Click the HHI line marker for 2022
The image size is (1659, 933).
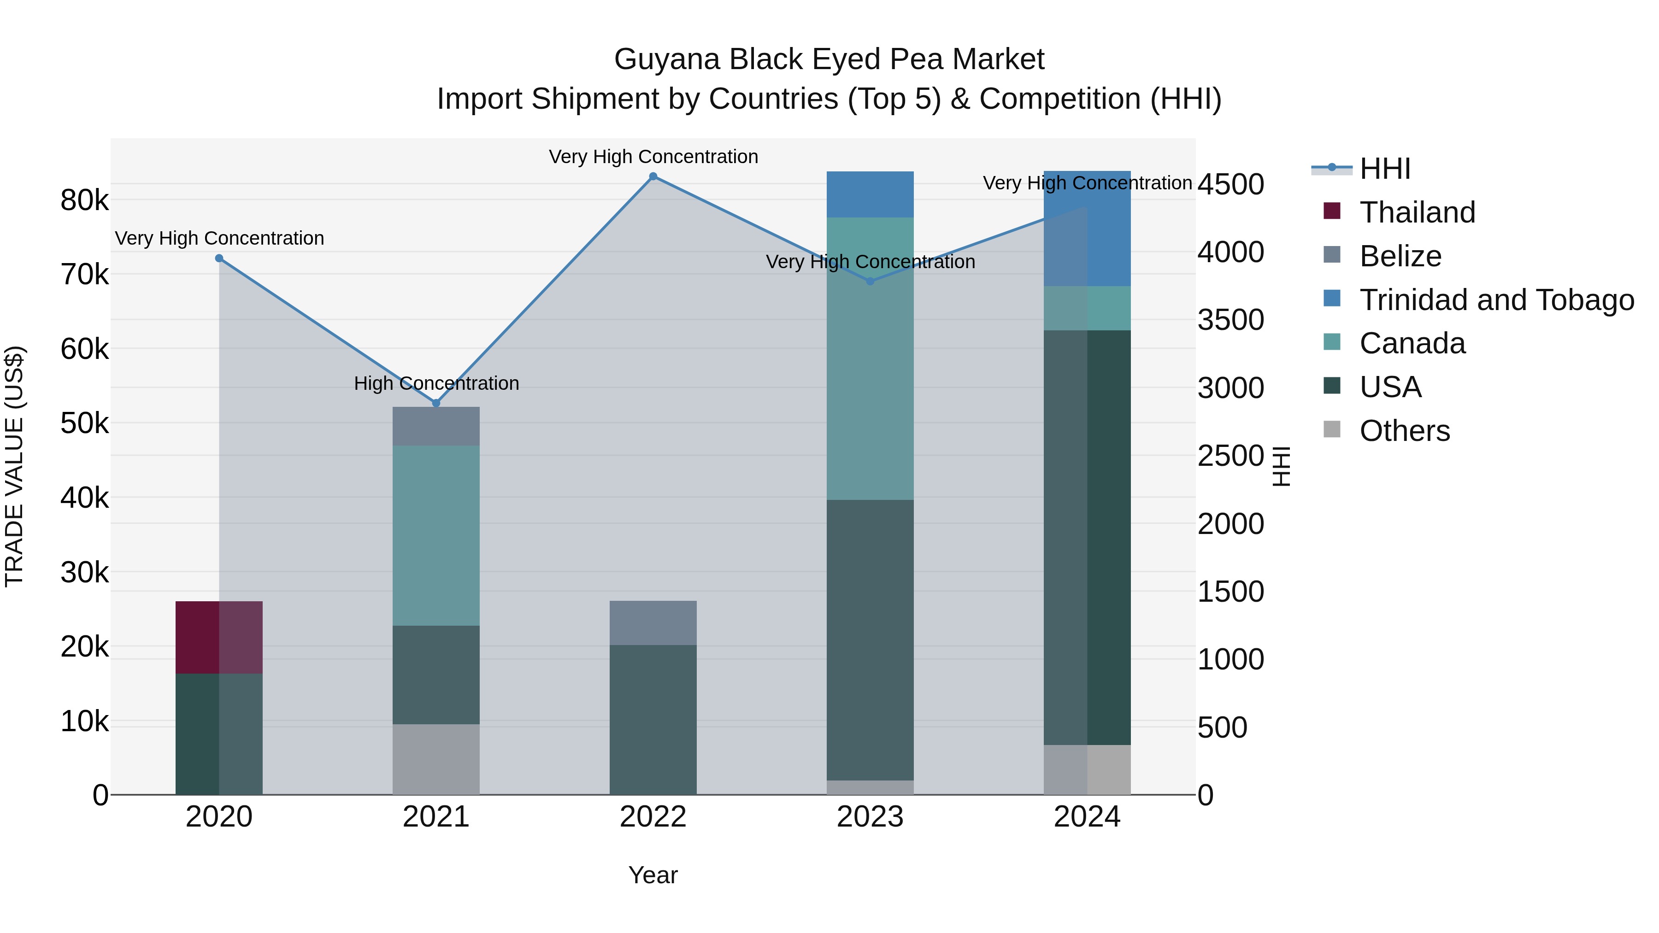pos(653,176)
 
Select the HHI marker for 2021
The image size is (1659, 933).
pos(436,403)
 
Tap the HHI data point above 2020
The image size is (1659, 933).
pos(219,258)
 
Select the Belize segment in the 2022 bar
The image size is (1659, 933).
pos(653,622)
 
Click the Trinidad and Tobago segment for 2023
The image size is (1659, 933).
pos(870,194)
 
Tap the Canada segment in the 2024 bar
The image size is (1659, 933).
pos(1087,308)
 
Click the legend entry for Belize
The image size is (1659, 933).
pos(1400,256)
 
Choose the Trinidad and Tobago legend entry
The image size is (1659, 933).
pos(1496,300)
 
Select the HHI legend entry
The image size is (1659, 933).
pos(1385,169)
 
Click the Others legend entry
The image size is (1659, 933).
pos(1404,431)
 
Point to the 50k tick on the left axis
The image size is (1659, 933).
pos(84,424)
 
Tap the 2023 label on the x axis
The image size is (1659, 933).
pos(870,817)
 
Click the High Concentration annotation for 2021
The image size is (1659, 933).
pos(436,383)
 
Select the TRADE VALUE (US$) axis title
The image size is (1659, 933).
pos(14,466)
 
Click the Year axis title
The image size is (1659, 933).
pos(653,875)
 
